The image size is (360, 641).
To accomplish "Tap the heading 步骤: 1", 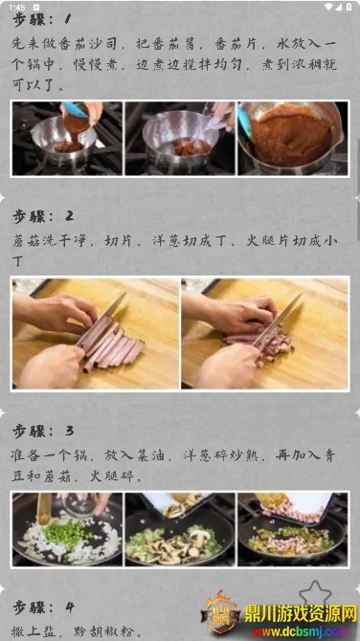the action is coord(42,19).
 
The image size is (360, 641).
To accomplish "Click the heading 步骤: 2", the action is coord(43,216).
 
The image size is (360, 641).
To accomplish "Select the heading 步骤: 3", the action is coord(43,431).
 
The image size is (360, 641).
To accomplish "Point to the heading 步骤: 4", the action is coord(43,608).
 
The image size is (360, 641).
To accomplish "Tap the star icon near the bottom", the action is coord(315,593).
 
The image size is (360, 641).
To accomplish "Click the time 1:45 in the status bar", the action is coord(17,8).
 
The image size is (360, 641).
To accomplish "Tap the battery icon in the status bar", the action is coord(349,7).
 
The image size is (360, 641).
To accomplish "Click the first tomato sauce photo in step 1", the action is coord(67,139).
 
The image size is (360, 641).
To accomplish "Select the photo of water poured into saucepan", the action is coord(180,139).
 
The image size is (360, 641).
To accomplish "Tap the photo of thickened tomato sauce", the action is coord(293,139).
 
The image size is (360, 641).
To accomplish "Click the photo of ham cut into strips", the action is coord(96,333).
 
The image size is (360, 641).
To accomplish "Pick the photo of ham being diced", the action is coord(265,333).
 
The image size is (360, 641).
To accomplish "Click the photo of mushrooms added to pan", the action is coord(180,529).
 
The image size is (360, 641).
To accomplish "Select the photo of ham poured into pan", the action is coord(293,529).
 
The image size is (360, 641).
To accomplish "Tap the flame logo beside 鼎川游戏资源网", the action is coord(221,612).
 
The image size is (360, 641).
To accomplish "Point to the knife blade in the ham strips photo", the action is coord(112,306).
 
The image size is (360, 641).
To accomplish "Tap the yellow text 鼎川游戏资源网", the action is coord(301,614).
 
